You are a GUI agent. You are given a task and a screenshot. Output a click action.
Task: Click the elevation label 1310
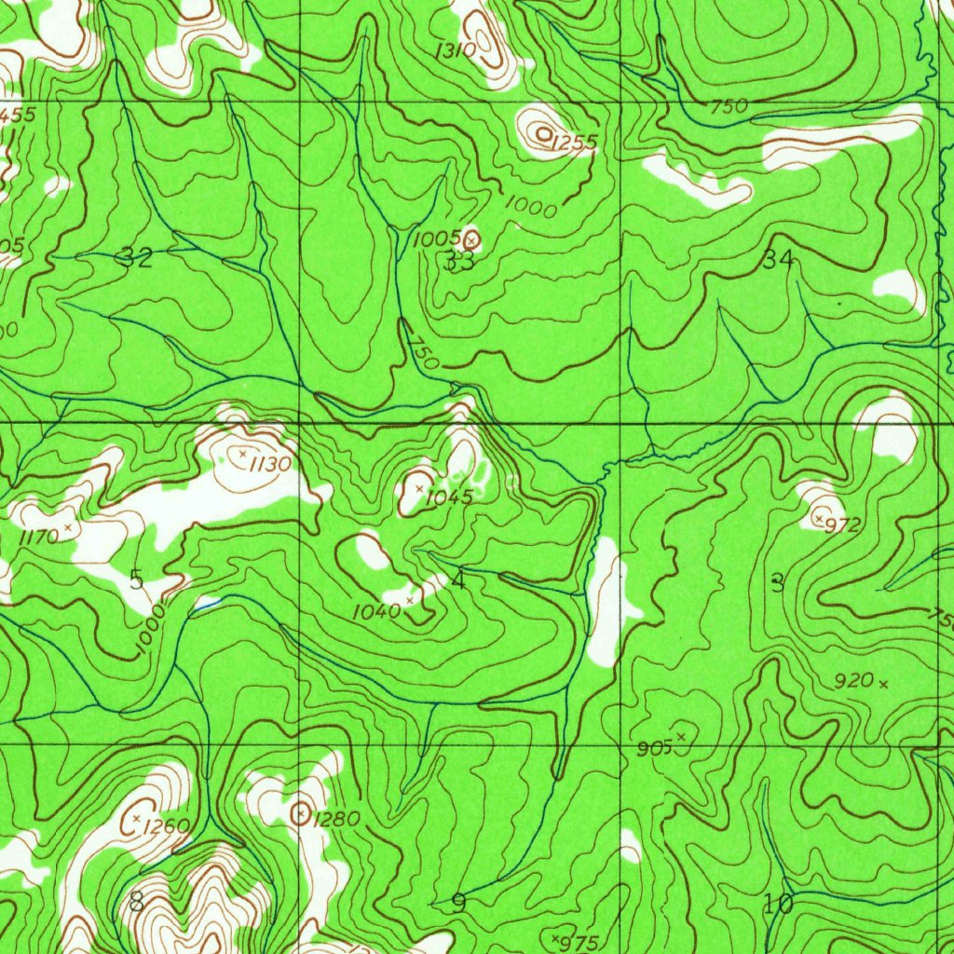click(x=455, y=50)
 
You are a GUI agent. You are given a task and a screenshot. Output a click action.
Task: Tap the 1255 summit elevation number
click(x=573, y=143)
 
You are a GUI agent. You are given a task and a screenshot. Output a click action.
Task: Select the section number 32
click(x=137, y=259)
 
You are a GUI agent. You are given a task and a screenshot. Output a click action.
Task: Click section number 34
click(x=778, y=260)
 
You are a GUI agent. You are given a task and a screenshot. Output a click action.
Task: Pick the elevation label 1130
click(x=270, y=464)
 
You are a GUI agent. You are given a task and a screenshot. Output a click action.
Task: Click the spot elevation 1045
click(x=449, y=497)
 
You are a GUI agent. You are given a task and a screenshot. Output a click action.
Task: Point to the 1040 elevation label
click(x=376, y=611)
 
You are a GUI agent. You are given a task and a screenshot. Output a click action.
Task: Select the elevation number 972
click(x=843, y=525)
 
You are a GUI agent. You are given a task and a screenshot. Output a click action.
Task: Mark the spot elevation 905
click(x=655, y=748)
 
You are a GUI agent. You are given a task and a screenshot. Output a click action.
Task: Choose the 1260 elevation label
click(x=169, y=825)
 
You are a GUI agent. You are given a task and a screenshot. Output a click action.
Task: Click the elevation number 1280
click(x=336, y=820)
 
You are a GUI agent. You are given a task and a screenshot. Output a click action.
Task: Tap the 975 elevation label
click(x=580, y=943)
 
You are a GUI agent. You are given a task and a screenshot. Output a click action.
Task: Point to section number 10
click(x=778, y=903)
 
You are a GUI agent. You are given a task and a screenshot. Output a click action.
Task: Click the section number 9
click(x=457, y=902)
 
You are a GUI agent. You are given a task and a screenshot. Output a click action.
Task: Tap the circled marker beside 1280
click(x=300, y=814)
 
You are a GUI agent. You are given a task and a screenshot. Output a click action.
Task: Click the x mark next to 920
click(x=883, y=685)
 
